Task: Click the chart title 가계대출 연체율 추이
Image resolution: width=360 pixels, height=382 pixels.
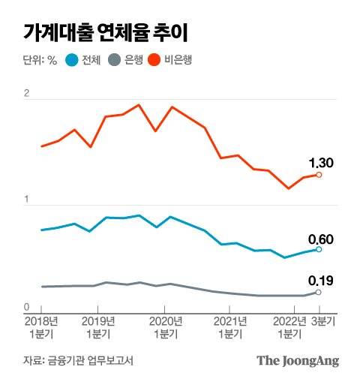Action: click(x=105, y=32)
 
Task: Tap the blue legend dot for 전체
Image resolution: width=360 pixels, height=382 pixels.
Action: click(x=72, y=59)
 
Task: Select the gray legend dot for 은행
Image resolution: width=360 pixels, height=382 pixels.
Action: click(x=114, y=59)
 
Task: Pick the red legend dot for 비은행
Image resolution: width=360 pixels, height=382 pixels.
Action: click(x=156, y=59)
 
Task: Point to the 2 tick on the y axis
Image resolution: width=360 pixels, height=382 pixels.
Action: click(x=27, y=94)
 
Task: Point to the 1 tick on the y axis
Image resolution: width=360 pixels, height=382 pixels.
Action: click(x=27, y=200)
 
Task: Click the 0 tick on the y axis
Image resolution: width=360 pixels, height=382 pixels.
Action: click(x=27, y=307)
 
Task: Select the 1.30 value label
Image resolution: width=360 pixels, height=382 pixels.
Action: click(x=320, y=162)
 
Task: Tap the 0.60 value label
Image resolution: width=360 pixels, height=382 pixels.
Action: click(x=321, y=239)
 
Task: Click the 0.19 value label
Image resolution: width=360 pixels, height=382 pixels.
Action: click(x=321, y=281)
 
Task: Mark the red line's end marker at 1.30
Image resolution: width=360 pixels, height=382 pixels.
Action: click(x=319, y=175)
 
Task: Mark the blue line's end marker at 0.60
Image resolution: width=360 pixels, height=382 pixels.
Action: click(x=319, y=249)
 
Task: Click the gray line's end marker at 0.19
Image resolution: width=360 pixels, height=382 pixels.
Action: click(x=319, y=292)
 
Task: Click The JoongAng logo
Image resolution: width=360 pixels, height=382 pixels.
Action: click(x=298, y=361)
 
